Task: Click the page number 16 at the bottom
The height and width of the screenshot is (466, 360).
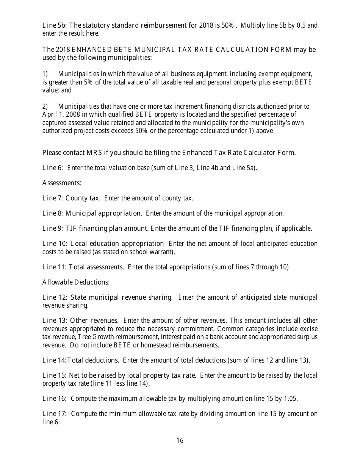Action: tap(180, 440)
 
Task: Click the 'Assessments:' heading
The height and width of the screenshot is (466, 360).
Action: tap(62, 183)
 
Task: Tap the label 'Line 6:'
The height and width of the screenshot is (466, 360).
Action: tap(53, 168)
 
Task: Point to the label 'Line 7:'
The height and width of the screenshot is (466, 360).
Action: tap(53, 198)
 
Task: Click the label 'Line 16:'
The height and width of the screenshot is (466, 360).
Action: tap(55, 399)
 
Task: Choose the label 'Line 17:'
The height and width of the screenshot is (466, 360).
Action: tap(55, 414)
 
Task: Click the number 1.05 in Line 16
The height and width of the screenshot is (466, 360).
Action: tap(290, 399)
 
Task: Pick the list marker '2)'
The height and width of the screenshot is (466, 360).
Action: tap(45, 106)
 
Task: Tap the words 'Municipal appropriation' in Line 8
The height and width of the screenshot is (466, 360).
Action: tap(103, 213)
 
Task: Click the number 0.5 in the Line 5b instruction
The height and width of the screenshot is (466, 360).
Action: tap(301, 26)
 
